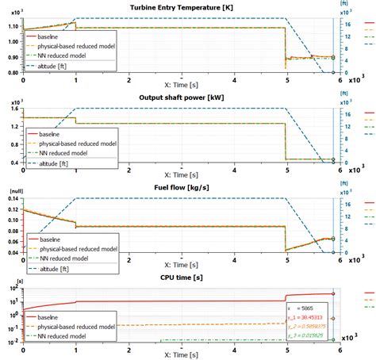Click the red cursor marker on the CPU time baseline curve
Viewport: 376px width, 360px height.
[333, 294]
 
